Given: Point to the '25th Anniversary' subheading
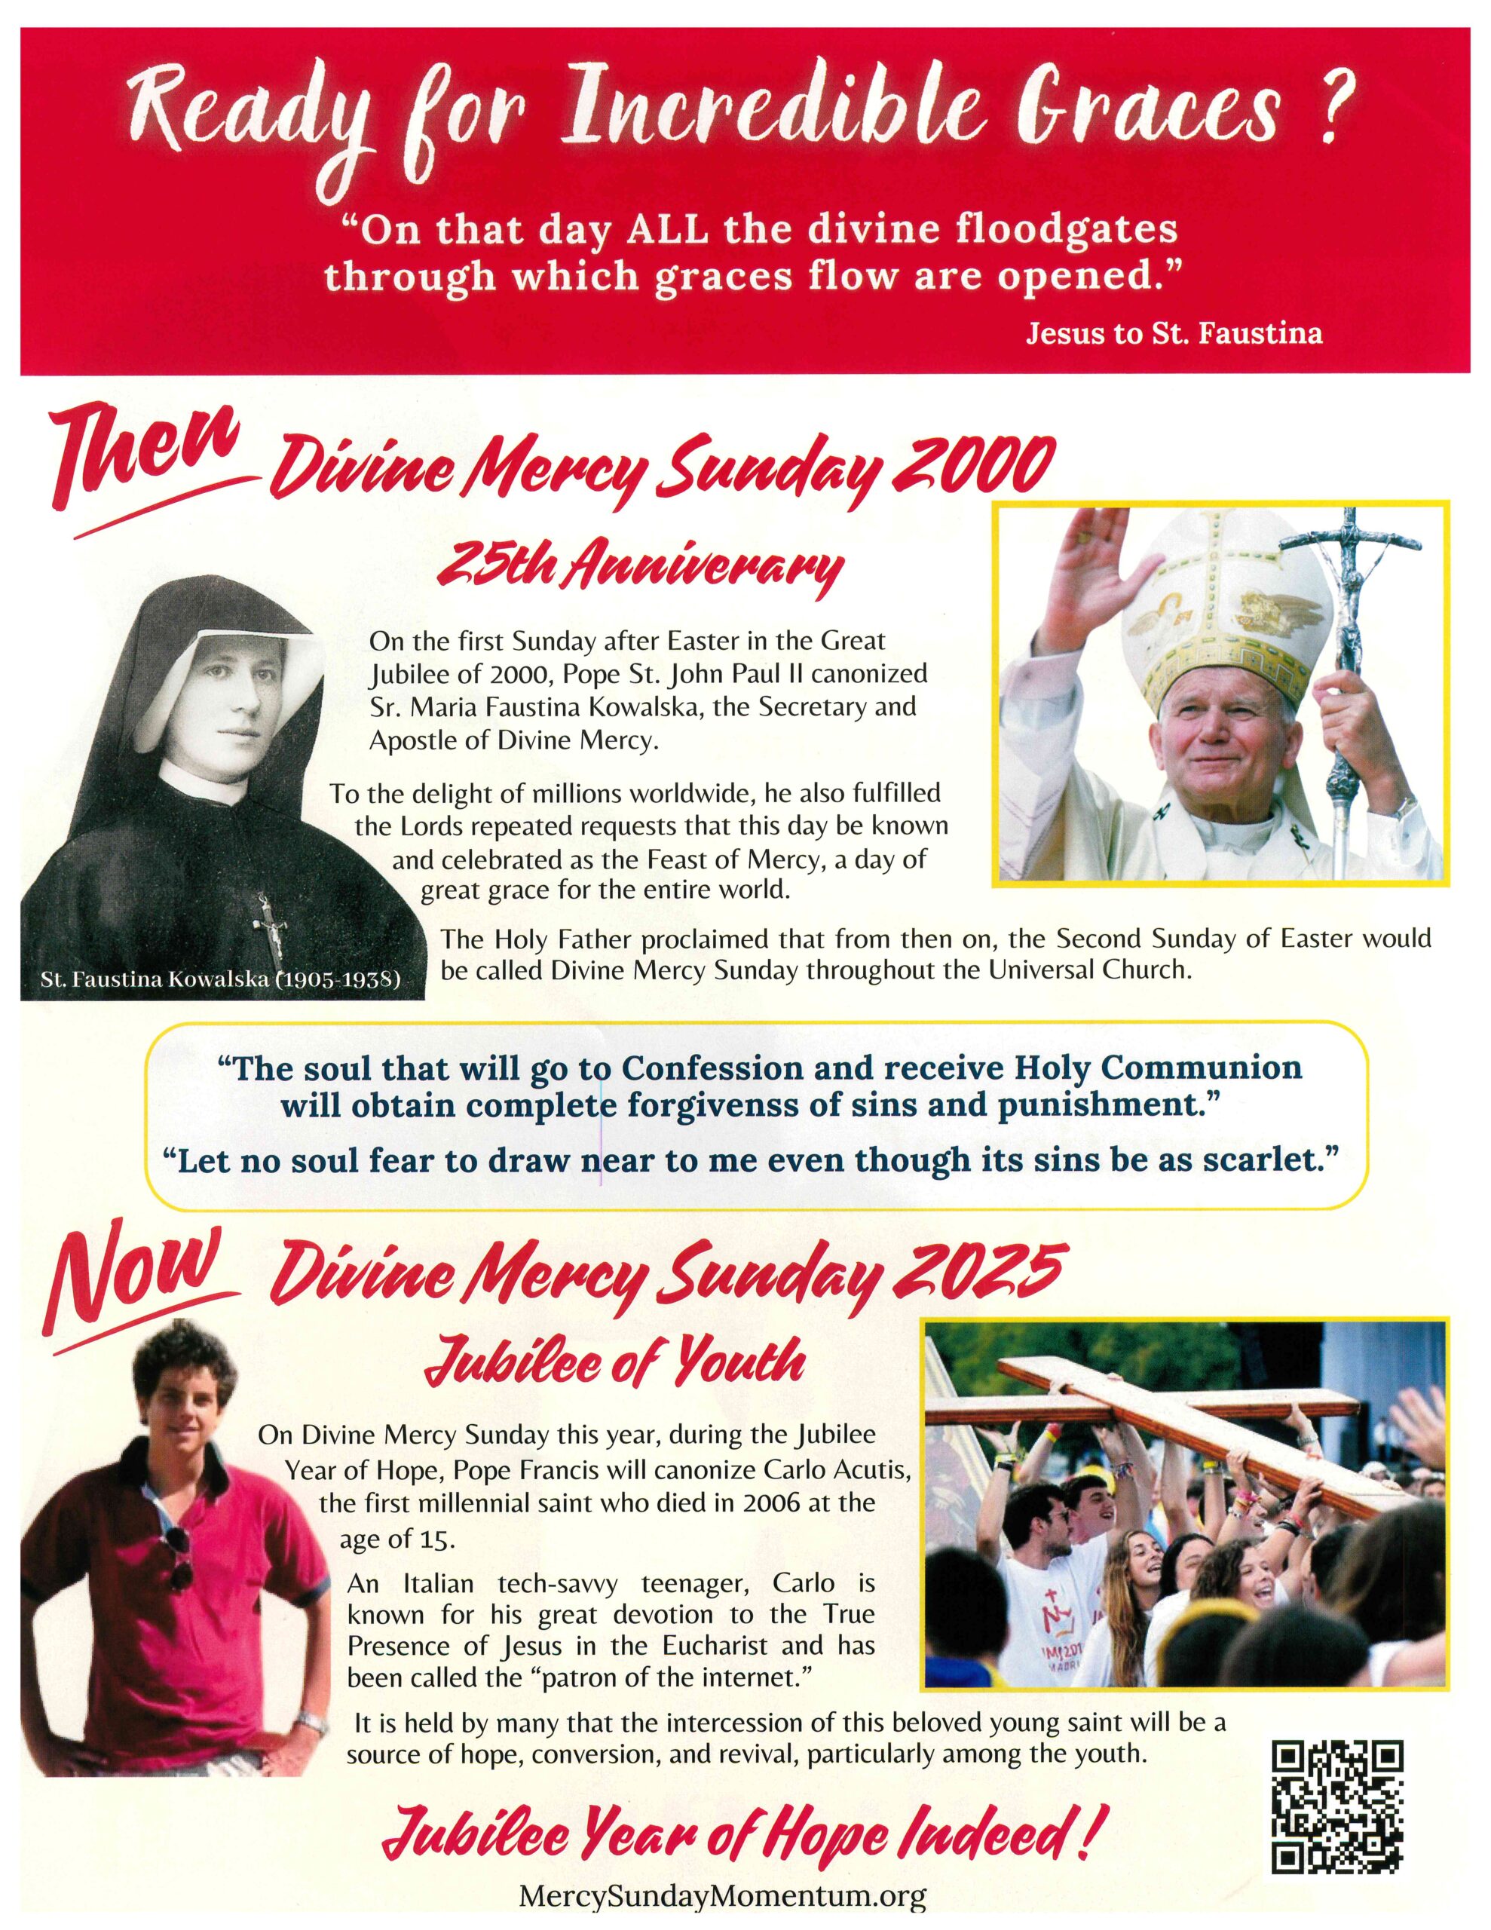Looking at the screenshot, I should pos(642,565).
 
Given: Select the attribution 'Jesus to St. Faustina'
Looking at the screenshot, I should pos(1174,334).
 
